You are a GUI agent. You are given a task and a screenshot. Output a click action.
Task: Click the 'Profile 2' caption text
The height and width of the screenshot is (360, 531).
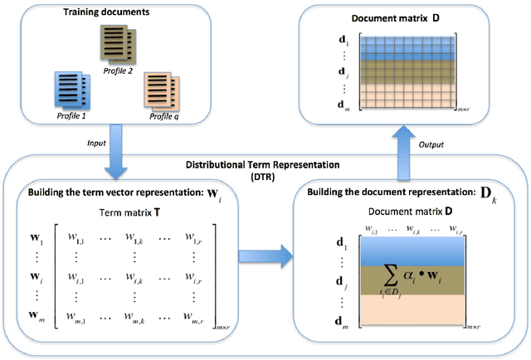click(117, 71)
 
